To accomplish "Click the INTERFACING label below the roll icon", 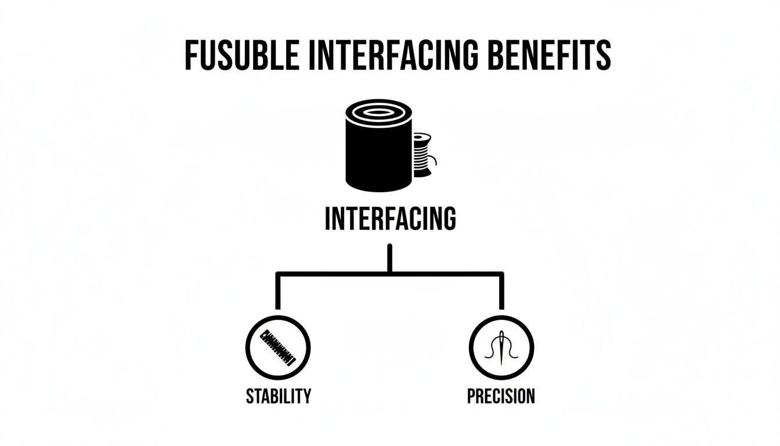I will [390, 220].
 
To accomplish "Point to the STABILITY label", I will [278, 396].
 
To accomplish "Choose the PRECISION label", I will [501, 396].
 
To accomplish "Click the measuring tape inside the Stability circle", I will [278, 347].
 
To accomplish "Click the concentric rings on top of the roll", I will [378, 113].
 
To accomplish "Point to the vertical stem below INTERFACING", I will [390, 258].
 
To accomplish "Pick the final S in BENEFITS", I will [604, 56].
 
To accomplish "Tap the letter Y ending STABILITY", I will [306, 396].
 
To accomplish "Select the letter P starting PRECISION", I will [471, 396].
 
